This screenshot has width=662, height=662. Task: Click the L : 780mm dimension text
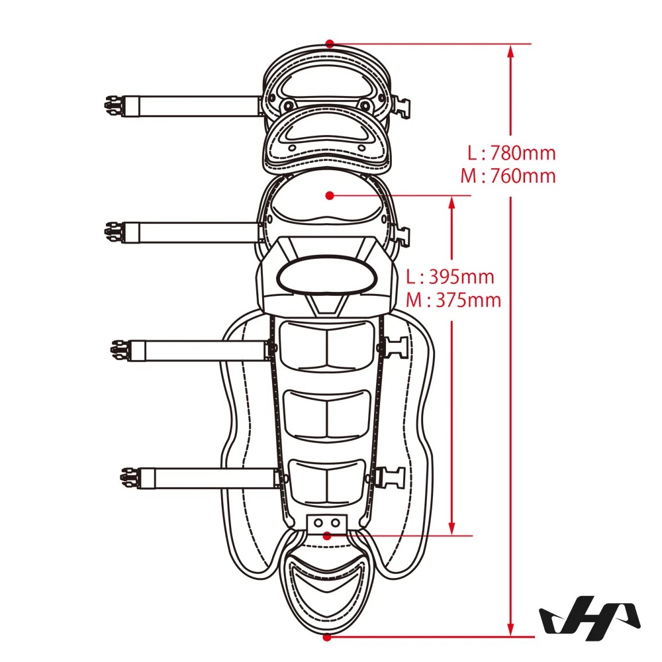point(512,153)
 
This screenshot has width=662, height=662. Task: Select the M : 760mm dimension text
point(508,175)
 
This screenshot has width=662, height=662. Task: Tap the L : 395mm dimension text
point(450,277)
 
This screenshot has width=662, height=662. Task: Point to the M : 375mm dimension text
point(453,300)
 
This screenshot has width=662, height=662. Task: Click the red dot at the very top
point(330,43)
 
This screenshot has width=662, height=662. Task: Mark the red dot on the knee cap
point(330,195)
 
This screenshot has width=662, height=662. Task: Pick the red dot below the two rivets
point(326,536)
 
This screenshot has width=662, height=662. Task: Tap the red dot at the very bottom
point(327,637)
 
